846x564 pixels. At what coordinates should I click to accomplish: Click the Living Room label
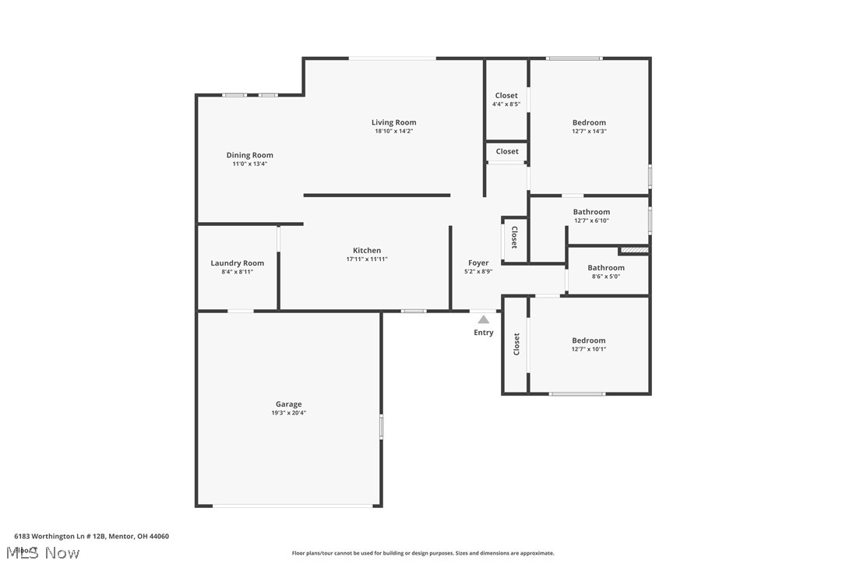tap(393, 122)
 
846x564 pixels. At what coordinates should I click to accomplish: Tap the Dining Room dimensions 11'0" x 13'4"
tap(249, 164)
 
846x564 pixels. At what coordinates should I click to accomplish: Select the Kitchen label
tap(367, 251)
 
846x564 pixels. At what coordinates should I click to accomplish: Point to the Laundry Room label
tap(237, 263)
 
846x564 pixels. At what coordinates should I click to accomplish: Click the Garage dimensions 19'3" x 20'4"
tap(288, 413)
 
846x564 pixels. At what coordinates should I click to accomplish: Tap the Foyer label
tap(478, 263)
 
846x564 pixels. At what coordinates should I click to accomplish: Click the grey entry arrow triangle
tap(483, 319)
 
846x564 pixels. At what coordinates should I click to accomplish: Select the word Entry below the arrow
tap(483, 333)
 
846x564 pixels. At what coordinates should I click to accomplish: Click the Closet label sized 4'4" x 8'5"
tap(506, 96)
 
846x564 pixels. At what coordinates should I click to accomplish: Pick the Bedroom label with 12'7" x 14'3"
tap(589, 122)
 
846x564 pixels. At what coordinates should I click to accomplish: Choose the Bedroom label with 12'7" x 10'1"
tap(588, 340)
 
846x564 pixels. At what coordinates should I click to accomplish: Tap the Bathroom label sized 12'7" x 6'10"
tap(591, 212)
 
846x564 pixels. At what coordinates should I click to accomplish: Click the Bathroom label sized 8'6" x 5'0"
tap(606, 268)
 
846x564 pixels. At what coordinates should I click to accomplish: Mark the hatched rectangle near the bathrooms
tap(634, 250)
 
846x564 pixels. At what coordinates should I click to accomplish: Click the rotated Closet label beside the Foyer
tap(514, 238)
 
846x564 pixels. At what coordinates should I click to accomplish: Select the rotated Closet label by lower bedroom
tap(516, 344)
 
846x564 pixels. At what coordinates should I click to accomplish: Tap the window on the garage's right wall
tap(381, 427)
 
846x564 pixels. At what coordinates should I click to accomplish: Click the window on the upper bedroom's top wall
tap(574, 58)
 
